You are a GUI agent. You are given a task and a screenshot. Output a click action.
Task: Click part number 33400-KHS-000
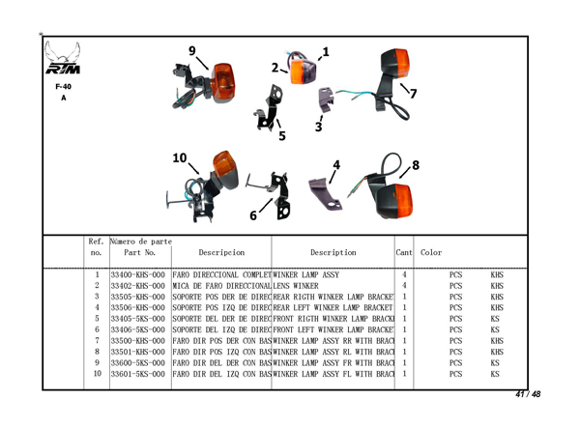pos(138,275)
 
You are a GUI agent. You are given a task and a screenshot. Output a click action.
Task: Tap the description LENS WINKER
pos(296,286)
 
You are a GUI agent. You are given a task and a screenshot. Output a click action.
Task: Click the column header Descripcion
pos(221,253)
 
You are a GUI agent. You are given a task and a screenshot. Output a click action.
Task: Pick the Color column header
pos(432,253)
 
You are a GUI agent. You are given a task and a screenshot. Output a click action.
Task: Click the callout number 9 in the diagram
pos(192,51)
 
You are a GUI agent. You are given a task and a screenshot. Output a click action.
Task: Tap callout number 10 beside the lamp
pos(180,157)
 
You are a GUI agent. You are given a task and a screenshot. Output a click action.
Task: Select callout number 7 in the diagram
pos(413,94)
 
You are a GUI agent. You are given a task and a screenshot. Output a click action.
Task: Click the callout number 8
pos(415,164)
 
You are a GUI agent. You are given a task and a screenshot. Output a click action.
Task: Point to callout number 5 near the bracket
pos(281,135)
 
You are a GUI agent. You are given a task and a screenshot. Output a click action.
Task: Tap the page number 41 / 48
pos(528,394)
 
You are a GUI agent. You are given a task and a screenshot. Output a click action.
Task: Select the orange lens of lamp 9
pos(223,78)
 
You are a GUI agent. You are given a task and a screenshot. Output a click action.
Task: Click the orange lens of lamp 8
pos(398,200)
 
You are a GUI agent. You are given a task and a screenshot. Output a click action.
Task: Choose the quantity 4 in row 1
pos(403,275)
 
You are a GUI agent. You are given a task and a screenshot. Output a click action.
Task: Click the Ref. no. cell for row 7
pos(98,341)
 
